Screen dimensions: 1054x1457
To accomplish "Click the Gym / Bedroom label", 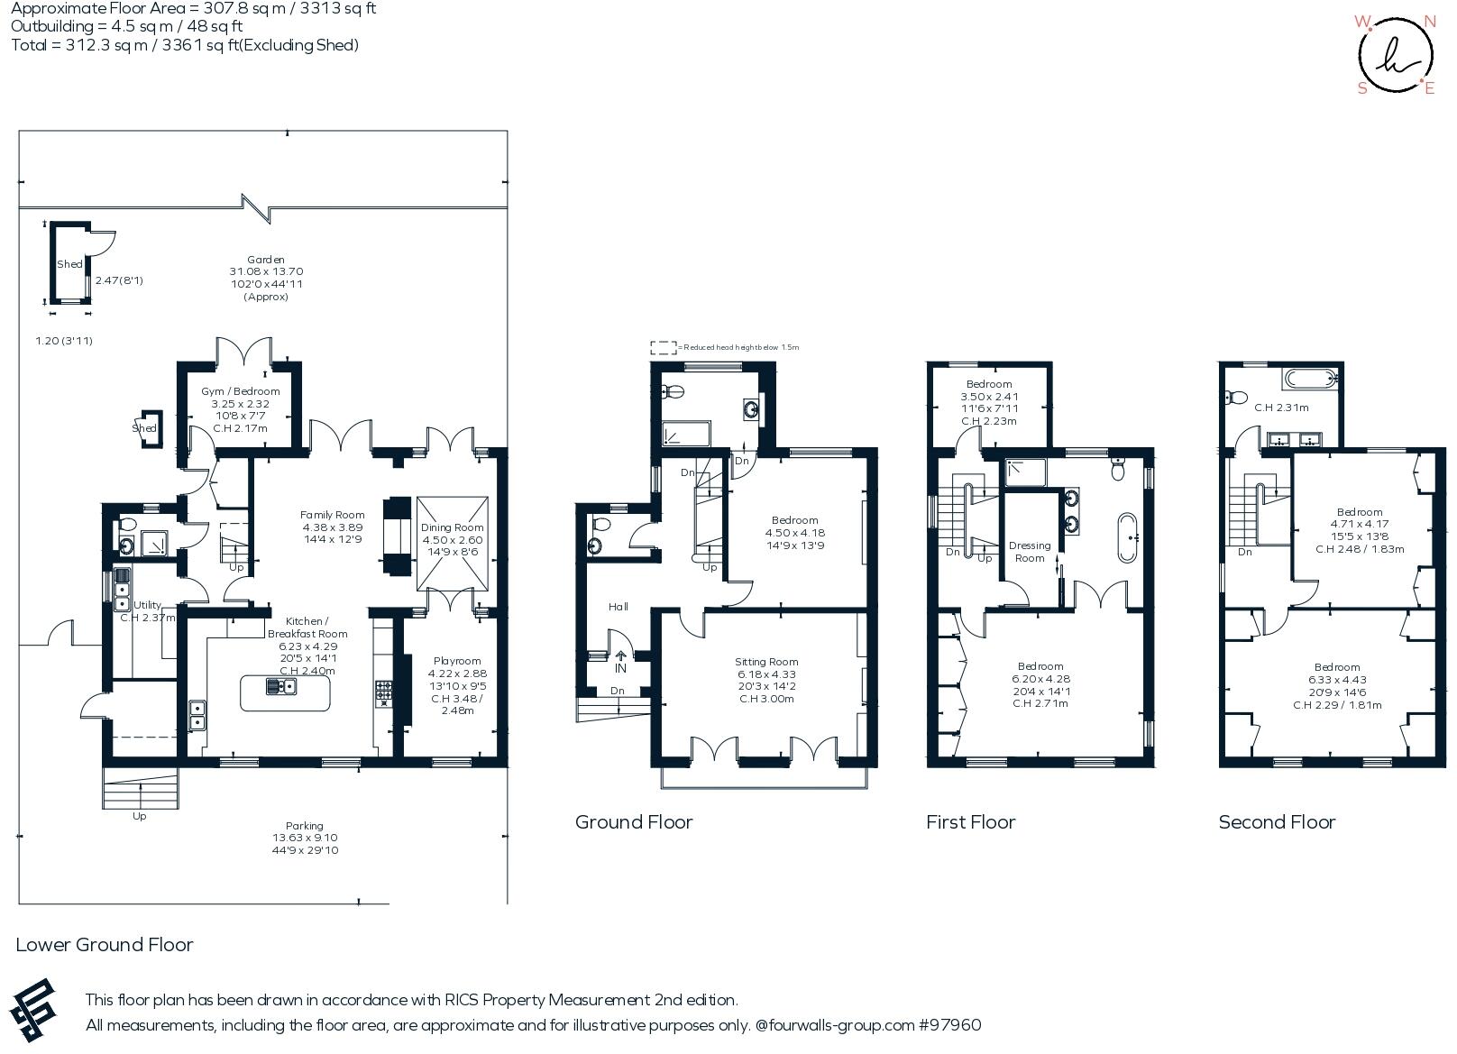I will (x=239, y=391).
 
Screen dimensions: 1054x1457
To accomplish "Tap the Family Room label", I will (x=332, y=515).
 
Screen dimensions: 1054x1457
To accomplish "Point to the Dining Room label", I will (x=452, y=527).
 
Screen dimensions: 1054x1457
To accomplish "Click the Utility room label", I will (x=147, y=605).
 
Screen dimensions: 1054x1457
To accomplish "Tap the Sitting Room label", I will (x=766, y=662).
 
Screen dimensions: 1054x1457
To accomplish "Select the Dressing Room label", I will (x=1030, y=551).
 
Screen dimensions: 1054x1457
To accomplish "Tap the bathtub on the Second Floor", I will (x=1308, y=378).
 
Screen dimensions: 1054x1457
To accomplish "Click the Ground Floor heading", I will (x=634, y=821).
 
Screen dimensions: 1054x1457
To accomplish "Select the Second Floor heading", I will (x=1277, y=821).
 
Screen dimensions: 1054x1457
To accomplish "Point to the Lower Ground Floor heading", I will (x=105, y=944).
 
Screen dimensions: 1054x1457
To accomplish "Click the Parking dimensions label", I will (x=305, y=844).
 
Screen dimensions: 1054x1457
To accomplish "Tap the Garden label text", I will (x=266, y=260).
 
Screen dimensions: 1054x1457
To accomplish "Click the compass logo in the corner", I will (x=1395, y=54).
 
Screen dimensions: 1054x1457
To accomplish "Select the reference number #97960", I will (x=949, y=1025).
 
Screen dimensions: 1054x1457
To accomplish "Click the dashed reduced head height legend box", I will (x=663, y=346).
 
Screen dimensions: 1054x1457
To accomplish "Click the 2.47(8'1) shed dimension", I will (x=119, y=280).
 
